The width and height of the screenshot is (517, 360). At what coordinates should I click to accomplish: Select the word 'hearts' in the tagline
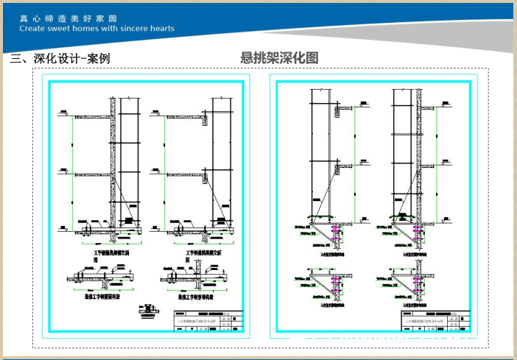click(x=161, y=29)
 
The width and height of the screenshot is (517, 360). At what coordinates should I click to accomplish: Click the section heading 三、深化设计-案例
click(x=60, y=58)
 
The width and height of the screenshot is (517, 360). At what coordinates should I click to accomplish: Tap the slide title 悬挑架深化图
click(x=279, y=57)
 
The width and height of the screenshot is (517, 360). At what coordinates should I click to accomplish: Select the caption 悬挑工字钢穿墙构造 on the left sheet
click(x=193, y=299)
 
